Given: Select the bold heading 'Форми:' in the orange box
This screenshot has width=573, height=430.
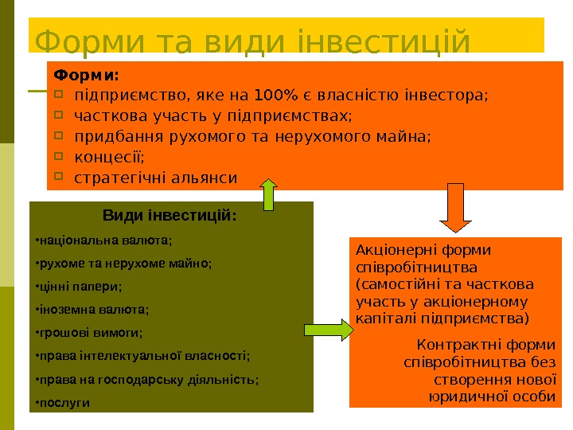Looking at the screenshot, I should [x=86, y=76].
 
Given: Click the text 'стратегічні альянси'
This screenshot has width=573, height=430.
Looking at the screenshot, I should [x=155, y=177].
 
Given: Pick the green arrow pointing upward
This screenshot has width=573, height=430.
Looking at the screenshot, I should [x=268, y=195].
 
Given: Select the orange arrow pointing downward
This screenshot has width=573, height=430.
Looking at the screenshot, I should [x=456, y=209].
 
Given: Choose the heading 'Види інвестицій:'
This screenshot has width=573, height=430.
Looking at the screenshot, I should [x=170, y=215].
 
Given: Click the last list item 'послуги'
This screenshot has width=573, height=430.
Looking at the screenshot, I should [x=64, y=402].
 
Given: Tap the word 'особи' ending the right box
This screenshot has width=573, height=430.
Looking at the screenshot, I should [x=534, y=396].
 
